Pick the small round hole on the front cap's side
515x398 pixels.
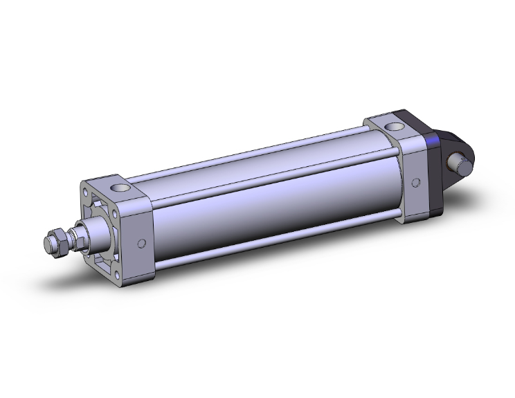[x=142, y=243]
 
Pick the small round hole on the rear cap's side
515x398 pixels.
[x=415, y=183]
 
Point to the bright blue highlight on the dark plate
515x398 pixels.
[x=434, y=144]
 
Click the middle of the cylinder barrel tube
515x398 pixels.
[x=277, y=201]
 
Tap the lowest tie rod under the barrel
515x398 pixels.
[x=277, y=242]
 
